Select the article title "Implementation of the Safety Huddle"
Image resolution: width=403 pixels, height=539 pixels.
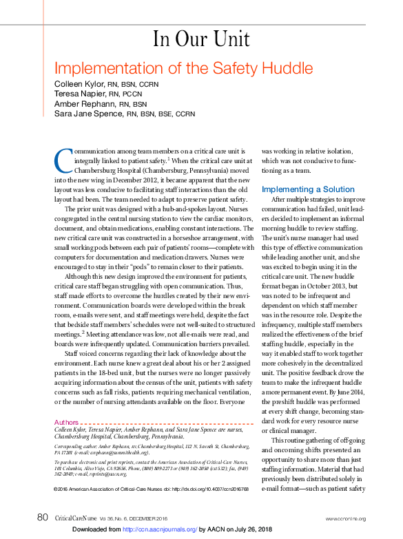point(183,69)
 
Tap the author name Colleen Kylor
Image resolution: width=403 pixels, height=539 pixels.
point(77,84)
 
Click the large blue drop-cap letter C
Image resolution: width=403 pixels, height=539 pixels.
point(63,160)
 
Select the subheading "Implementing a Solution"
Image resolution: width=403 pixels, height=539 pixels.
point(308,189)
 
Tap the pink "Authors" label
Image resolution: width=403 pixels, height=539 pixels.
point(66,421)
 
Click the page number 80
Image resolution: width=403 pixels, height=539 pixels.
point(42,517)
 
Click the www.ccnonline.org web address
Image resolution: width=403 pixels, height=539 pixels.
point(346,518)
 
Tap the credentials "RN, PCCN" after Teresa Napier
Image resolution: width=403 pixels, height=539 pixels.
point(123,94)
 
